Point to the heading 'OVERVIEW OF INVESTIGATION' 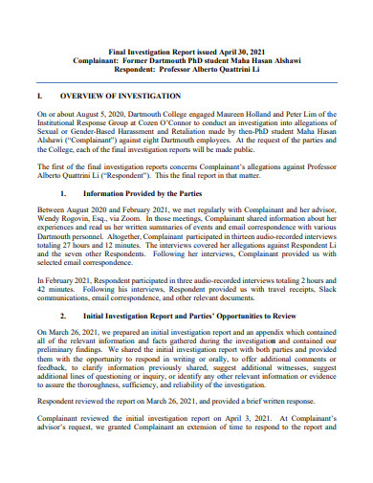coord(121,97)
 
